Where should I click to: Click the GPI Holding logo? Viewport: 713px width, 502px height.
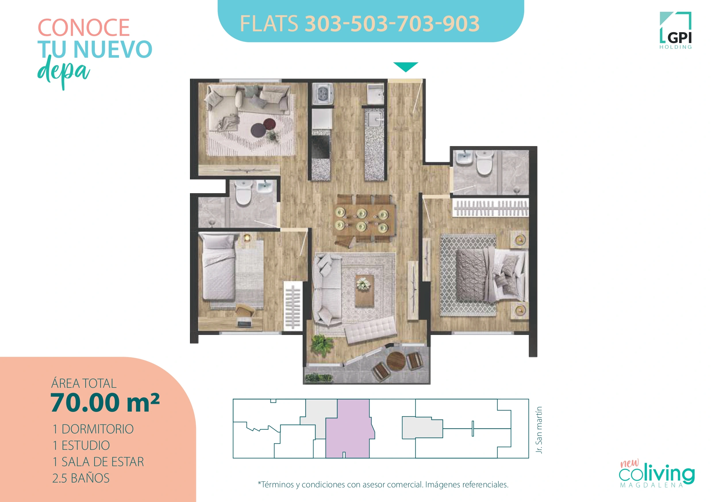tap(676, 30)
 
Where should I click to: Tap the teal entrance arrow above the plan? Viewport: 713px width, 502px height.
tap(405, 66)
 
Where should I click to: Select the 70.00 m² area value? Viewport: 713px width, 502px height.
tap(105, 402)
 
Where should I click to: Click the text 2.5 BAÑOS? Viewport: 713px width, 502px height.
tap(81, 478)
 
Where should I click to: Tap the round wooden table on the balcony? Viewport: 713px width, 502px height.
tap(396, 362)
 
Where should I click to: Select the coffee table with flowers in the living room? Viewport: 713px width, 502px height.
tap(364, 290)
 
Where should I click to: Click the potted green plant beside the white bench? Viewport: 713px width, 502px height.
tap(322, 344)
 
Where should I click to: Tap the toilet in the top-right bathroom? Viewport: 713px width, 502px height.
tap(485, 164)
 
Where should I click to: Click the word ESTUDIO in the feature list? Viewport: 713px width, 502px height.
tap(86, 445)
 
